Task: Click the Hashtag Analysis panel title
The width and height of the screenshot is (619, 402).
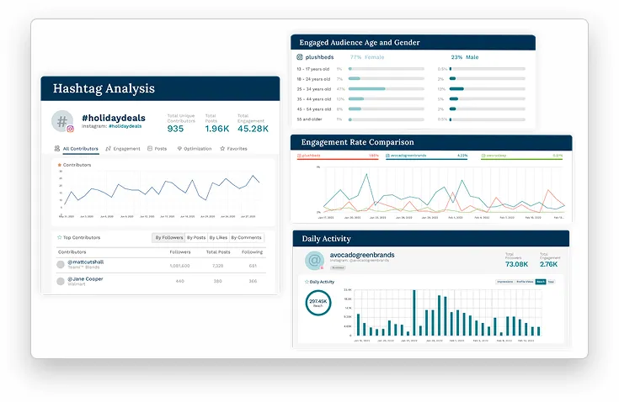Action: click(104, 88)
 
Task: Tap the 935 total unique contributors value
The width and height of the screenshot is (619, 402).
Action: click(175, 129)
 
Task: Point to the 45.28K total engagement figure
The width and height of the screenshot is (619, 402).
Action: click(253, 129)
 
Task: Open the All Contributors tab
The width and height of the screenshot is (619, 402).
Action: click(80, 149)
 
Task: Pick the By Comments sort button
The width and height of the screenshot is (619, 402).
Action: click(247, 238)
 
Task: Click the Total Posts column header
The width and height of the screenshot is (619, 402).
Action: click(218, 251)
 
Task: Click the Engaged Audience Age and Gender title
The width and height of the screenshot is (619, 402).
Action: click(360, 43)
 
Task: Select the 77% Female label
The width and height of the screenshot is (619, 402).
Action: click(367, 57)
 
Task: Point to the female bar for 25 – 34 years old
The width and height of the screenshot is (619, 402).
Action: click(366, 88)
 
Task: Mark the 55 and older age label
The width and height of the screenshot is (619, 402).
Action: click(310, 119)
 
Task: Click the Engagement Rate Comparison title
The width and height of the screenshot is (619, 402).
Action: click(357, 142)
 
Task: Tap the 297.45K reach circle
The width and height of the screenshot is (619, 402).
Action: click(318, 304)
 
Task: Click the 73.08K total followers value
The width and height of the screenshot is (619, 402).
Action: click(516, 264)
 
